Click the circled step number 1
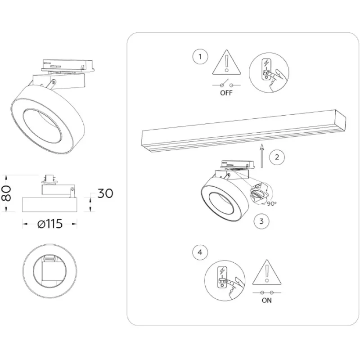pyautogui.click(x=200, y=57)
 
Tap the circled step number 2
pyautogui.click(x=277, y=157)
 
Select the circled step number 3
pyautogui.click(x=261, y=221)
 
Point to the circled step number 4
pyautogui.click(x=200, y=252)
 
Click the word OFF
pyautogui.click(x=226, y=93)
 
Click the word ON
pyautogui.click(x=266, y=300)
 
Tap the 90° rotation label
pyautogui.click(x=272, y=203)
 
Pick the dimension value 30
pyautogui.click(x=105, y=193)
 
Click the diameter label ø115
pyautogui.click(x=50, y=224)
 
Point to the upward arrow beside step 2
pyautogui.click(x=261, y=156)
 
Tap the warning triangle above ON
pyautogui.click(x=267, y=272)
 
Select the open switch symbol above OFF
pyautogui.click(x=227, y=84)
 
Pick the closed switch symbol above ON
pyautogui.click(x=267, y=293)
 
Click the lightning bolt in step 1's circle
pyautogui.click(x=266, y=63)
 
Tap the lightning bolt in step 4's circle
pyautogui.click(x=222, y=271)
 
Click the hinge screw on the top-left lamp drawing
pyautogui.click(x=53, y=81)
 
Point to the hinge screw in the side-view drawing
pyautogui.click(x=72, y=189)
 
